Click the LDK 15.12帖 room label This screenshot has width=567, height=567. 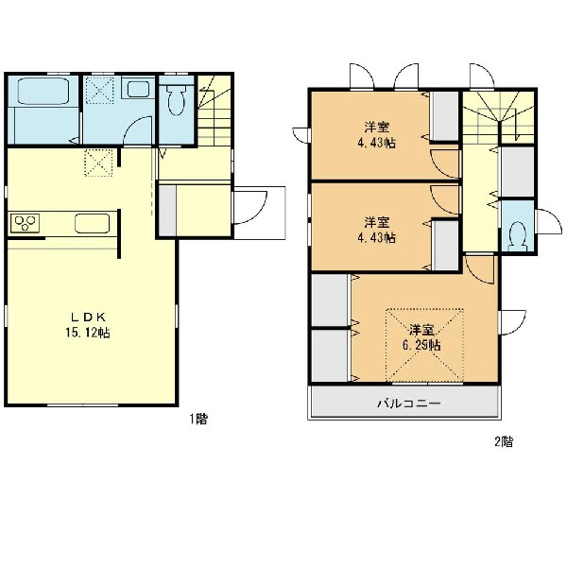[88, 325]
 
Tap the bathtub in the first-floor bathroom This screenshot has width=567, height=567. [43, 91]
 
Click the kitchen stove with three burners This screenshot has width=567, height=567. [25, 223]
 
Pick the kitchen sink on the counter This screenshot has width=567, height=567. [93, 223]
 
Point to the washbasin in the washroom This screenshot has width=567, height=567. [138, 89]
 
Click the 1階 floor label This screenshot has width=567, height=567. [198, 419]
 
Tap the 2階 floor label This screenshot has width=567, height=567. [504, 441]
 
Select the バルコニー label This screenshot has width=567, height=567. [409, 403]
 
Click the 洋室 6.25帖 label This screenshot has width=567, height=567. [421, 337]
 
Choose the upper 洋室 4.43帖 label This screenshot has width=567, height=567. [376, 135]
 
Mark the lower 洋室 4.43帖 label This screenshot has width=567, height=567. [376, 230]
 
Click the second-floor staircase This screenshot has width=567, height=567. [499, 117]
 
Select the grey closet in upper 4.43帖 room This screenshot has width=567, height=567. [445, 115]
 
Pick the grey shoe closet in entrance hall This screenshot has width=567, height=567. [167, 211]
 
